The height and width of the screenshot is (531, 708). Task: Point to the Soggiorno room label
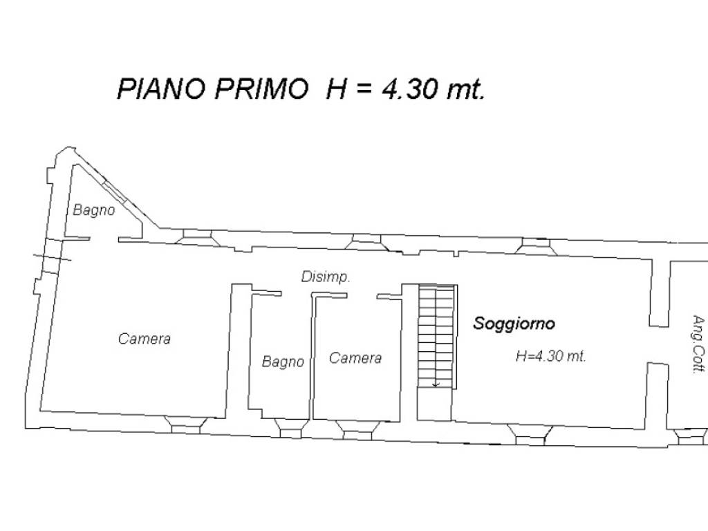[x=514, y=324]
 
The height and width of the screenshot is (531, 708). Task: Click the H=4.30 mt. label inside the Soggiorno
[x=551, y=357]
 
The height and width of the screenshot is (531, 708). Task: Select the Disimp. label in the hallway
[x=326, y=277]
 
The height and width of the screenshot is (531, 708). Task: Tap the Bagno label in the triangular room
[x=94, y=210]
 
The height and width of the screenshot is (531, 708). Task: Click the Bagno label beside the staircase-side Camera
[x=283, y=362]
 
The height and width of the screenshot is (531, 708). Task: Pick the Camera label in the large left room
[x=145, y=339]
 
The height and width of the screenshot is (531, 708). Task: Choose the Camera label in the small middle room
[x=355, y=357]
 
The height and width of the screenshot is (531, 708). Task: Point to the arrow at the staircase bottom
[x=436, y=383]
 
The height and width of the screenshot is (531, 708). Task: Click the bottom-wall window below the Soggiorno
[x=531, y=434]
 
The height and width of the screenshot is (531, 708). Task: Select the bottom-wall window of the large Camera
[x=185, y=425]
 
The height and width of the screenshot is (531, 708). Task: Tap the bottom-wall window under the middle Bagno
[x=290, y=428]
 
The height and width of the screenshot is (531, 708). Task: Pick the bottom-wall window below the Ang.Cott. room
[x=690, y=438]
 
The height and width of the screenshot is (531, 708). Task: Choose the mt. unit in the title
[x=464, y=90]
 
